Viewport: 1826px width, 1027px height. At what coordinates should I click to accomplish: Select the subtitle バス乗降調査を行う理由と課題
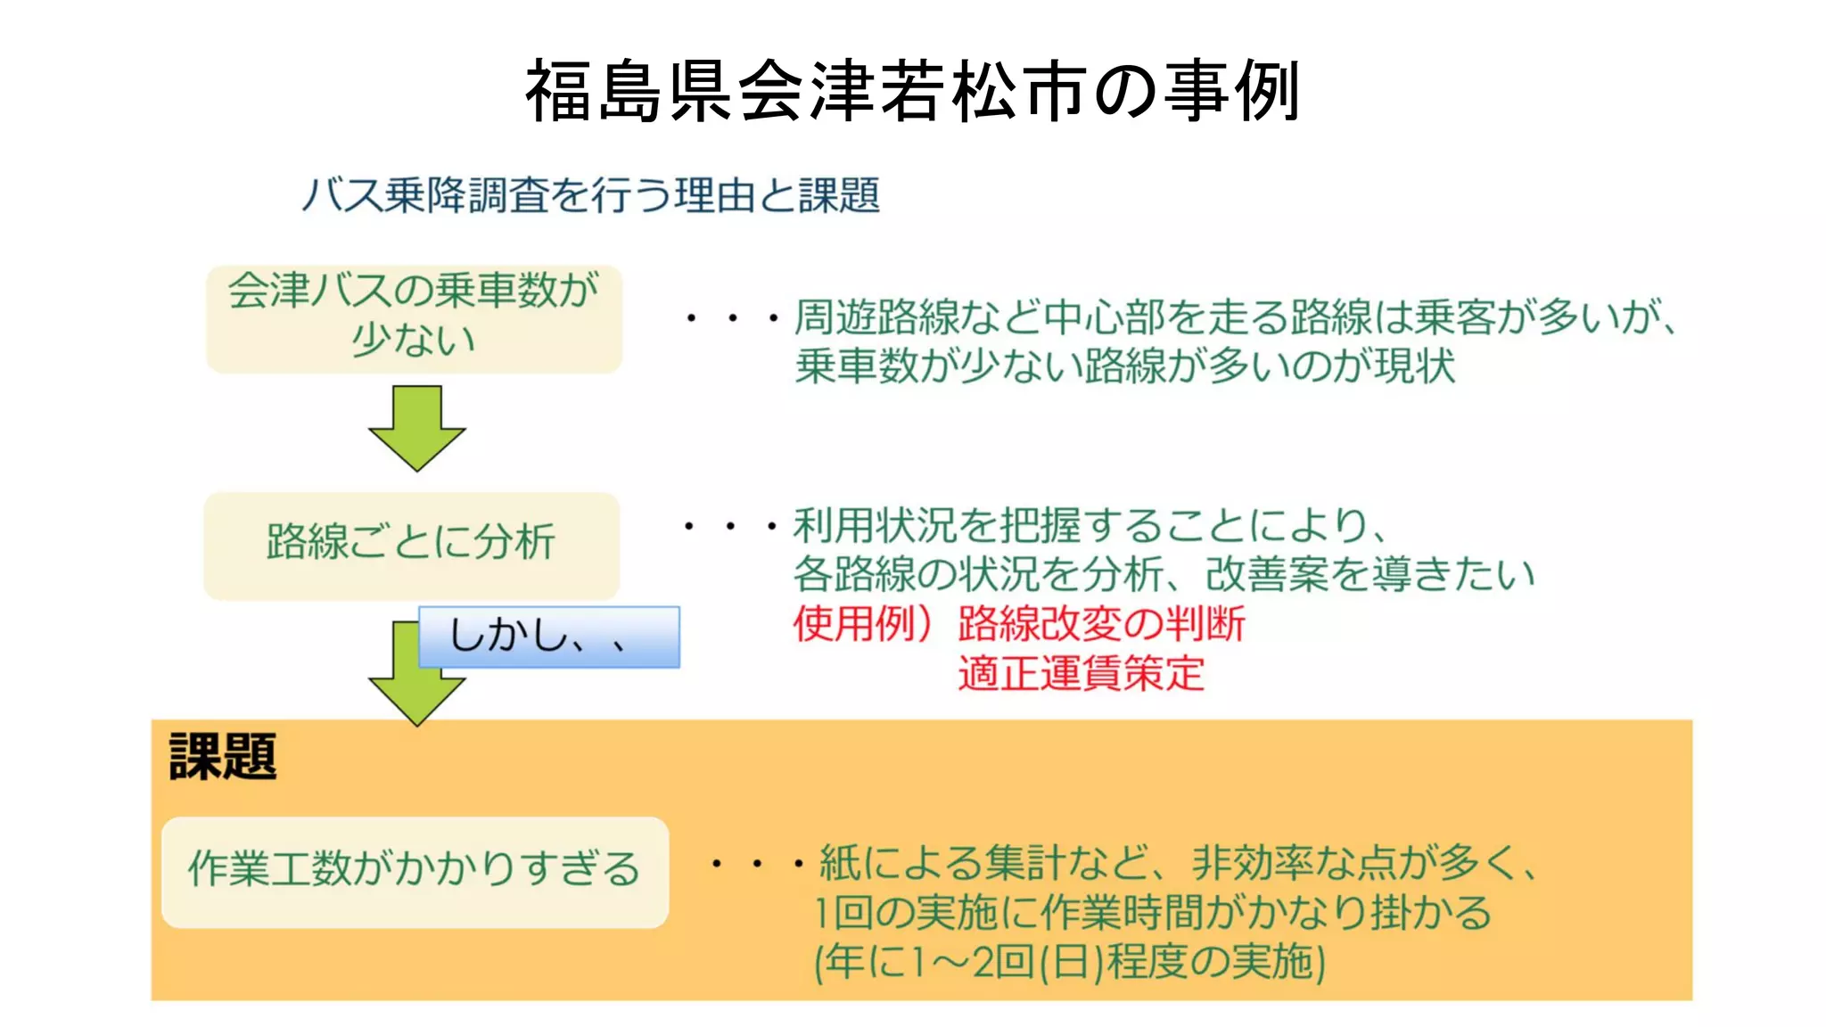coord(590,195)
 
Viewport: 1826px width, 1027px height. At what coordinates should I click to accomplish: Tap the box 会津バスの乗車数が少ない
coord(414,317)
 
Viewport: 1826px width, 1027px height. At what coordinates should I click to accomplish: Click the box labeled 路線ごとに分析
coord(411,544)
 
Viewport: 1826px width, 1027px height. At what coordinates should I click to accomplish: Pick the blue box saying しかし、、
coord(549,637)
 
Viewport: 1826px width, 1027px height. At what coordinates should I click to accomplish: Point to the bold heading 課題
coord(223,757)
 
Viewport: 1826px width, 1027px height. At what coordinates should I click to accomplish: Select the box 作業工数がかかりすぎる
coord(415,871)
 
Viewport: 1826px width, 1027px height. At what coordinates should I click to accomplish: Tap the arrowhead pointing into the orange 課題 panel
coord(416,699)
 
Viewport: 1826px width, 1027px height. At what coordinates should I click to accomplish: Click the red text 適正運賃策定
coord(1081,673)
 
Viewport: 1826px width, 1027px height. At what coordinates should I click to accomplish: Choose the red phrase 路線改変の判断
coord(1101,624)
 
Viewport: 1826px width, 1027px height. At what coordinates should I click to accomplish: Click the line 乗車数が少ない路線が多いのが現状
coord(1125,366)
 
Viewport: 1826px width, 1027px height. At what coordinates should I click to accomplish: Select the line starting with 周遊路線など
coord(1235,316)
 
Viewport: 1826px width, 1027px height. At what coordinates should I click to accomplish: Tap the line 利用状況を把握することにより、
coord(1090,526)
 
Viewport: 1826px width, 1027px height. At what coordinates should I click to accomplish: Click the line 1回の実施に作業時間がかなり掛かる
coord(1152,913)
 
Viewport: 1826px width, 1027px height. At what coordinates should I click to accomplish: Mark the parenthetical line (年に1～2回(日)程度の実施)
coord(1070,962)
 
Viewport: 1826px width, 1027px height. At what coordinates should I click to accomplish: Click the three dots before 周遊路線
coord(731,318)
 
